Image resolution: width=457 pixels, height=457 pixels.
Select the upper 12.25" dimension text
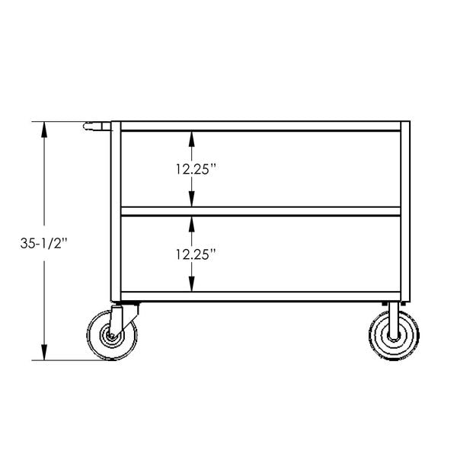pos(190,169)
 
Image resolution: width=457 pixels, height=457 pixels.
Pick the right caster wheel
pos(392,336)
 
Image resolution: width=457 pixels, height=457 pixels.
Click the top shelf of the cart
pos(259,126)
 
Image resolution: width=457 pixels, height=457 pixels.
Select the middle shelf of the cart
pos(259,211)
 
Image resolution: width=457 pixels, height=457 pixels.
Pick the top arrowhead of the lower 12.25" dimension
pos(191,222)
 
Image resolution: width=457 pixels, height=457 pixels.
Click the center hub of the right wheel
pos(392,336)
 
